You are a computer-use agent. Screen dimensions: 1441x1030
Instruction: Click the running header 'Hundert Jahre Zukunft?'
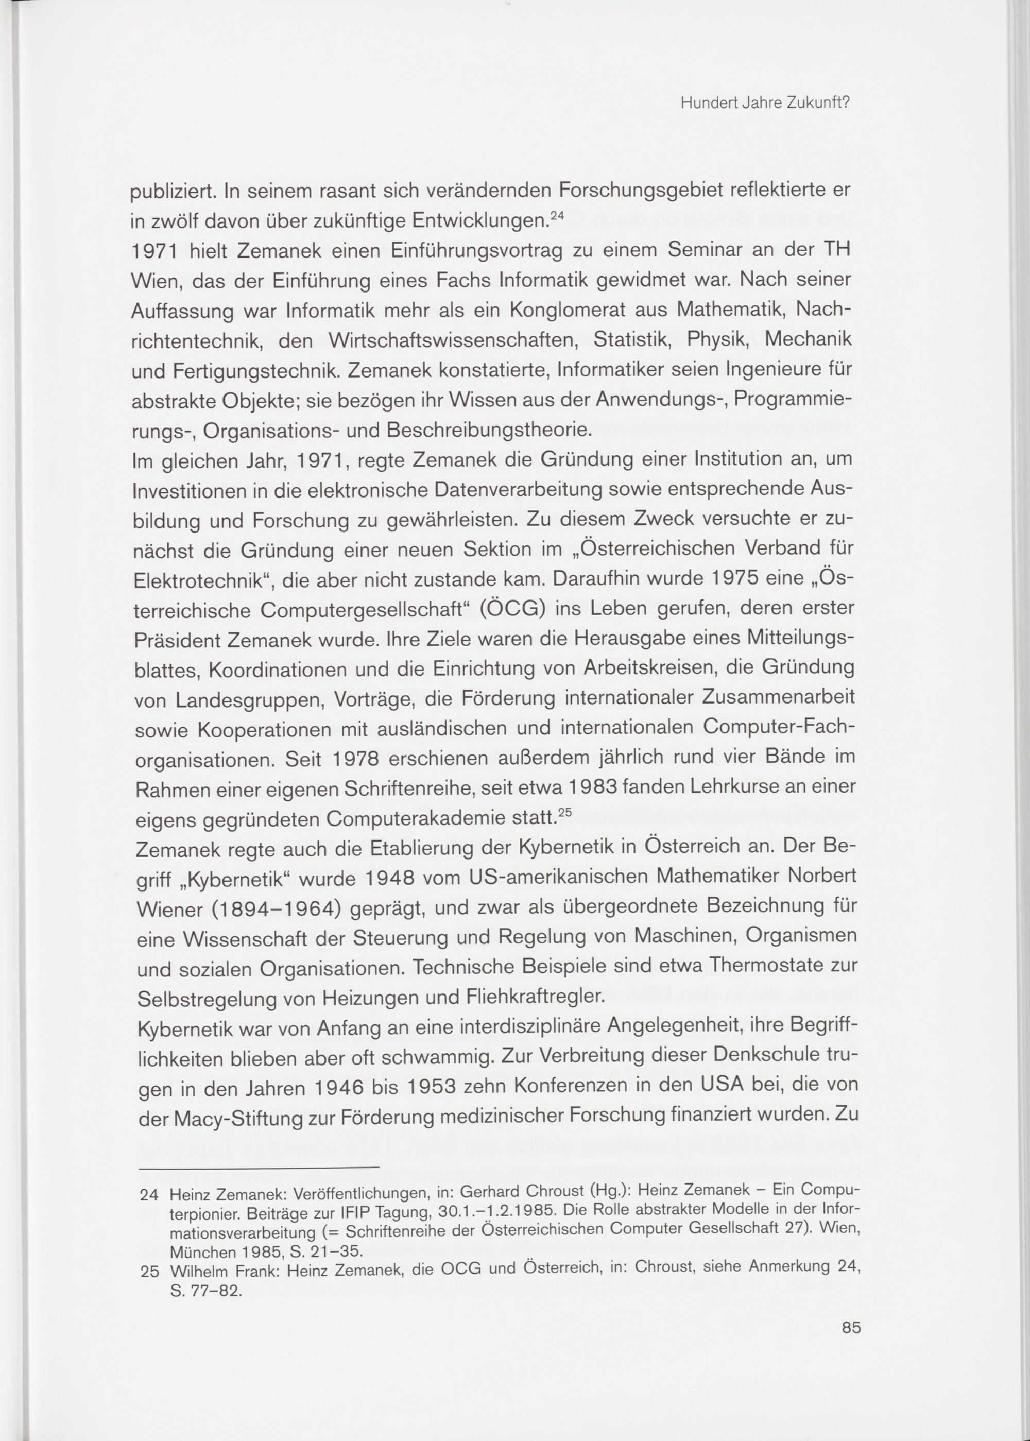click(764, 104)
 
